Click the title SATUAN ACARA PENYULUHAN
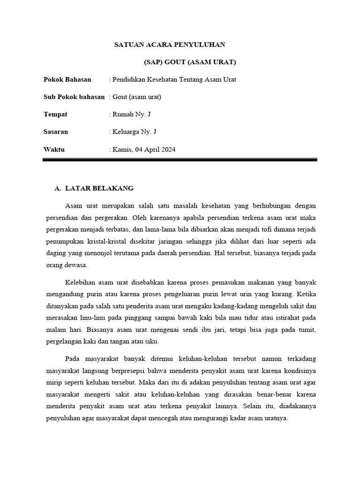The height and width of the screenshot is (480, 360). click(x=170, y=45)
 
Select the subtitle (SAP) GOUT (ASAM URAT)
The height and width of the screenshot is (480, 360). click(x=190, y=62)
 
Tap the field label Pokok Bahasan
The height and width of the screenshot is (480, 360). click(x=67, y=79)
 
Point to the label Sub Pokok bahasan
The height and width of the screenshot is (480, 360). click(x=74, y=97)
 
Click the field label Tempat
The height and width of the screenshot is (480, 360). click(x=55, y=114)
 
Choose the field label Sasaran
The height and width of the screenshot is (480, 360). click(x=56, y=132)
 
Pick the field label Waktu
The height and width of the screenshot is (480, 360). click(x=54, y=150)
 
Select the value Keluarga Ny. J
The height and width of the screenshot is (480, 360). click(x=135, y=132)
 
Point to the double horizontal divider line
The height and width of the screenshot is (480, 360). click(x=180, y=160)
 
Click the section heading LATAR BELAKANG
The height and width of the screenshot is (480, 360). click(x=99, y=188)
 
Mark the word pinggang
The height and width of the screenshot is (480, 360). click(x=135, y=318)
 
